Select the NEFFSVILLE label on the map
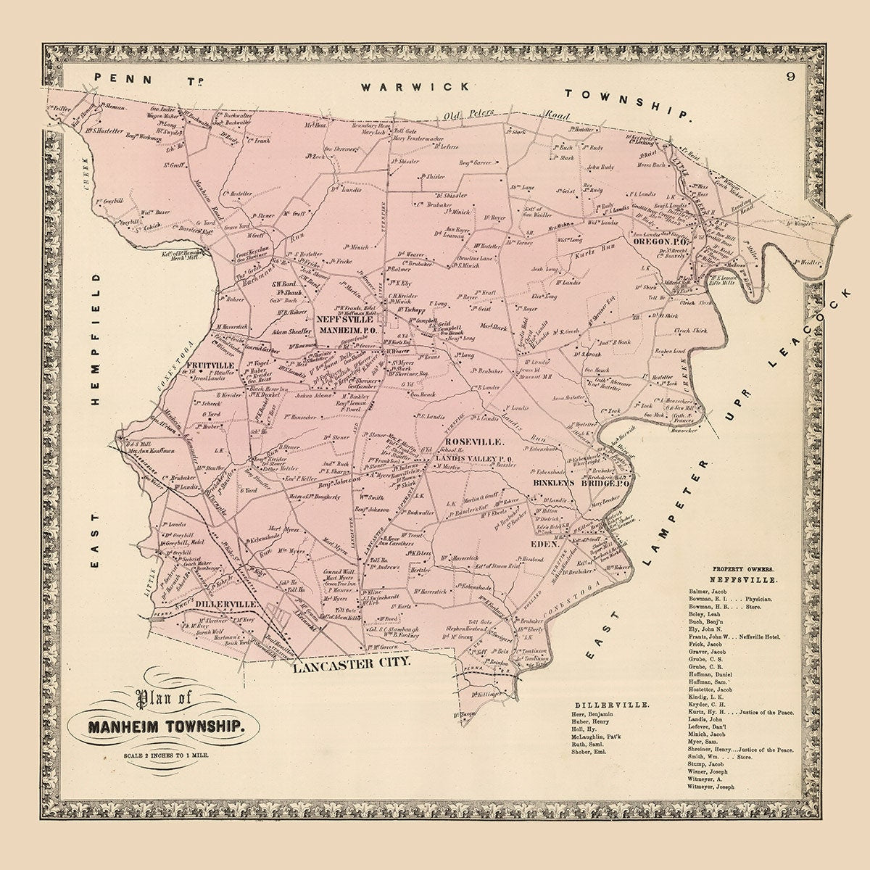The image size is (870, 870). [x=344, y=319]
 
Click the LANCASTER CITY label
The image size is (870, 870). [x=352, y=663]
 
